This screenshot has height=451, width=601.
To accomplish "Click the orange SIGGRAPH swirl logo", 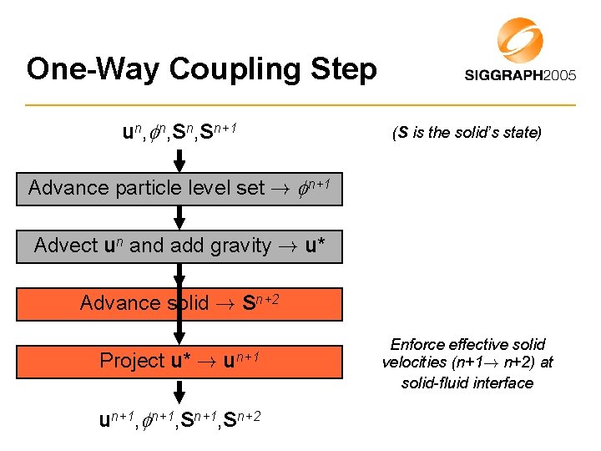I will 519,39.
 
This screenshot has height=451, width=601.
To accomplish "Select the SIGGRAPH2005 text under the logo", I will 520,75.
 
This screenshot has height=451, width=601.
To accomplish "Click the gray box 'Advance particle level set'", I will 179,189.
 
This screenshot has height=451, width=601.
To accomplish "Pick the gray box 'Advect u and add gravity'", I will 179,246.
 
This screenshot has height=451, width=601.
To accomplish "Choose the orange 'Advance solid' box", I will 179,304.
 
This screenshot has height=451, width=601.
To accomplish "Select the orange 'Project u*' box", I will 179,361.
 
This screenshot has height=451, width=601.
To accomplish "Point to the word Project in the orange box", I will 132,361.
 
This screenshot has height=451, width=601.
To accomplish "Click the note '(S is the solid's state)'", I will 467,132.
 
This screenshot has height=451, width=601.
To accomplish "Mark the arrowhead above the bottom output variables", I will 179,397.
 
